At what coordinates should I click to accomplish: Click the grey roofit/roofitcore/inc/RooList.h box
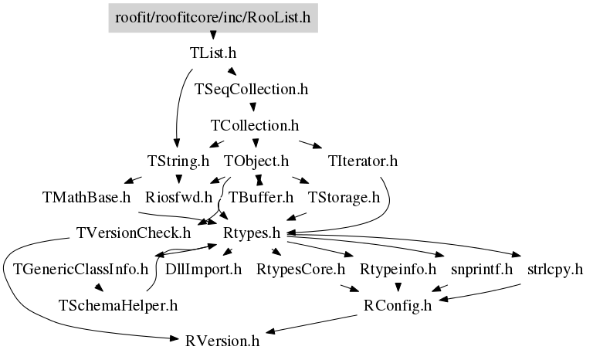(x=213, y=18)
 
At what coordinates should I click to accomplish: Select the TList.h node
(x=213, y=53)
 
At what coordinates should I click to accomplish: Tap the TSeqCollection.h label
(x=252, y=90)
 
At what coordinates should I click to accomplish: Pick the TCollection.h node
(x=255, y=125)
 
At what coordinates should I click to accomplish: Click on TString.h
(x=178, y=161)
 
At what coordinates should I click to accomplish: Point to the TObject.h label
(x=256, y=161)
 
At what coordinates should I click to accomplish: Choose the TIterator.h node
(x=363, y=161)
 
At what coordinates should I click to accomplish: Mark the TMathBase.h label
(x=86, y=197)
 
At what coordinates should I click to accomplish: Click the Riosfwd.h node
(x=179, y=197)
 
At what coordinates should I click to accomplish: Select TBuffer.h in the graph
(x=261, y=197)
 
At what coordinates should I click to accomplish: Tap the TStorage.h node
(x=344, y=197)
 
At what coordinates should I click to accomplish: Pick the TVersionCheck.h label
(x=134, y=233)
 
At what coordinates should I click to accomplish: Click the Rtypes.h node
(x=252, y=233)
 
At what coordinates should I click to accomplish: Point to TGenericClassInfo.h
(x=81, y=270)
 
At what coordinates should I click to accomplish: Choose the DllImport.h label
(x=204, y=270)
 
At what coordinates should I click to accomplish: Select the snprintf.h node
(x=482, y=270)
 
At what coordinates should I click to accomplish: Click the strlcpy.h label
(x=555, y=270)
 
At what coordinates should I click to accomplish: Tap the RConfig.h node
(x=398, y=305)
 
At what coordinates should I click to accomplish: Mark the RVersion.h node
(x=222, y=341)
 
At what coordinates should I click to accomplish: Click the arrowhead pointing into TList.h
(x=213, y=36)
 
